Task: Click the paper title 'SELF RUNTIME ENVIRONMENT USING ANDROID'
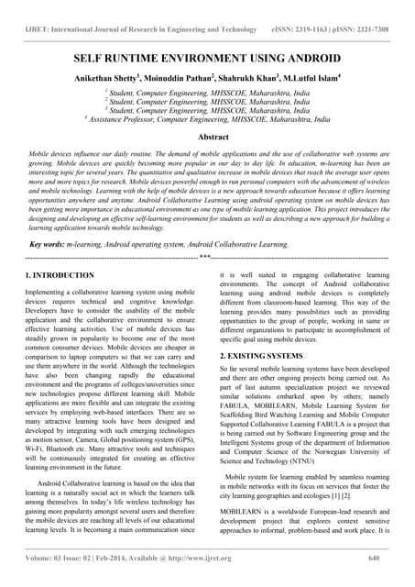[207, 56]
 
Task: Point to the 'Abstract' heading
[207, 135]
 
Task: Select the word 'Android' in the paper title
[315, 56]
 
